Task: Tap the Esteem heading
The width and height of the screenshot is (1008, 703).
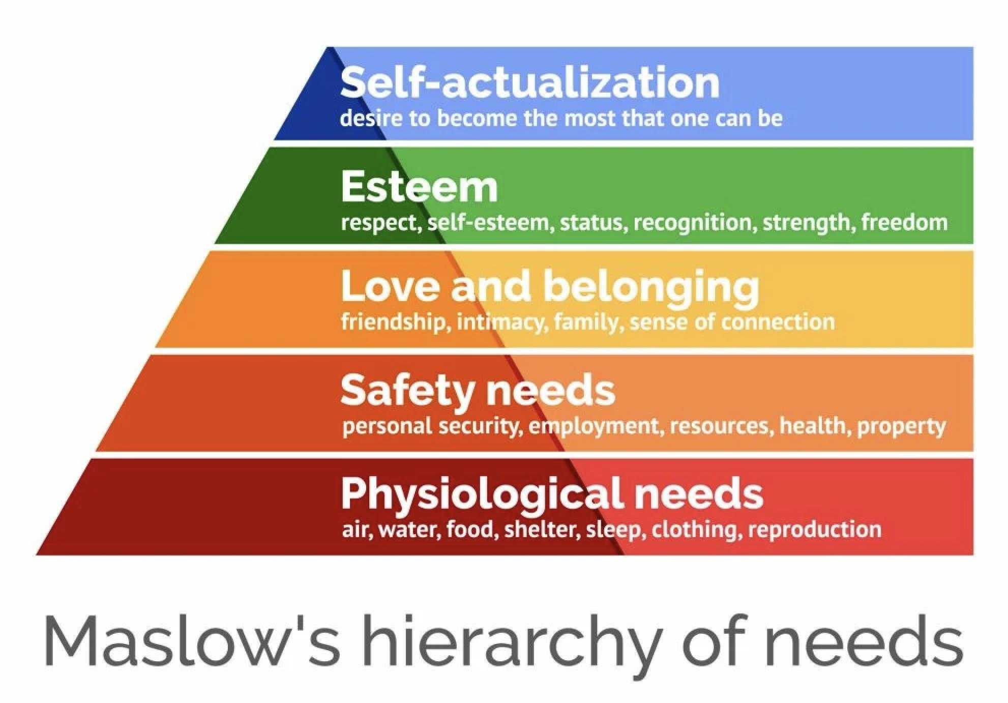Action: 419,187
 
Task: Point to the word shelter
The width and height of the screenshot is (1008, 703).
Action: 542,530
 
